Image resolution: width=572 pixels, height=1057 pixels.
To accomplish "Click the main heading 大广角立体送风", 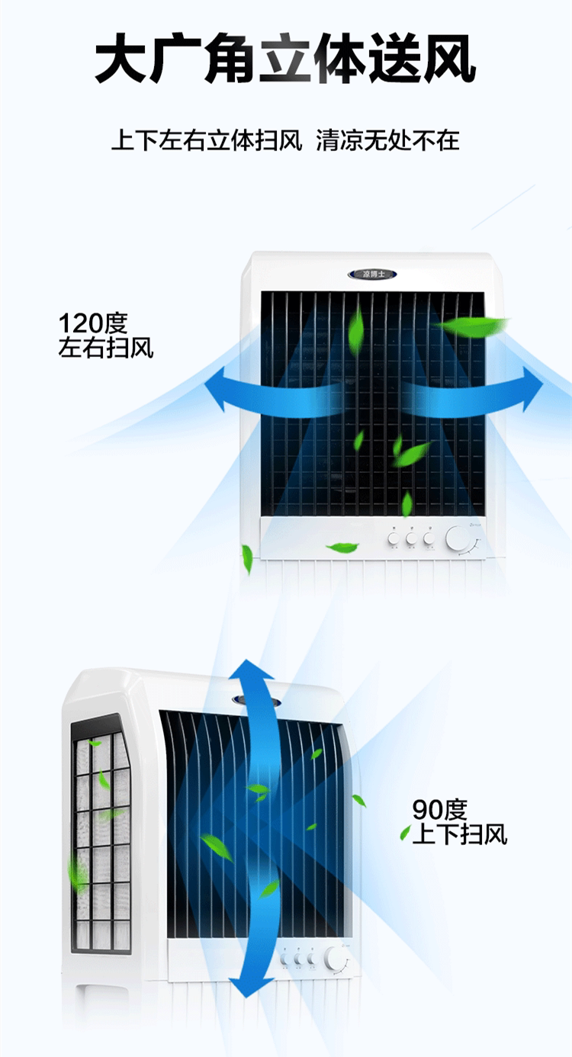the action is [x=285, y=59].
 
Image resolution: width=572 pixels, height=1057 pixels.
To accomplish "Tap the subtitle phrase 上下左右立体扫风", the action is [x=207, y=141].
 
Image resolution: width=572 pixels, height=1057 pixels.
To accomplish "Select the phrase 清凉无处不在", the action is [x=388, y=141].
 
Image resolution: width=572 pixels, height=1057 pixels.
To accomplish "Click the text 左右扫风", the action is [x=106, y=349].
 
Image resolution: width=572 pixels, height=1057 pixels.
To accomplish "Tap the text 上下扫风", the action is [x=459, y=834].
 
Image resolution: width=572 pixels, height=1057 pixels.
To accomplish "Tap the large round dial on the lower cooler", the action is [x=336, y=958].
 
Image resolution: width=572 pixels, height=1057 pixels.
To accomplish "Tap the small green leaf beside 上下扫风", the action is [x=405, y=833].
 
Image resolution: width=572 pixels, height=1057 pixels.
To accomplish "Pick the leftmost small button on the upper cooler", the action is [x=394, y=539].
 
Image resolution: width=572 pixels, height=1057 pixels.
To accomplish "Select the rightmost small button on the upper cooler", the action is [x=429, y=539].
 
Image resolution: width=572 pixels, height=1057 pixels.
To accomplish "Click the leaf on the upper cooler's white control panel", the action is [x=342, y=547].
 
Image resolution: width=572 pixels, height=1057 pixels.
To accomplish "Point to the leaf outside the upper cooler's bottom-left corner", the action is [x=247, y=559].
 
